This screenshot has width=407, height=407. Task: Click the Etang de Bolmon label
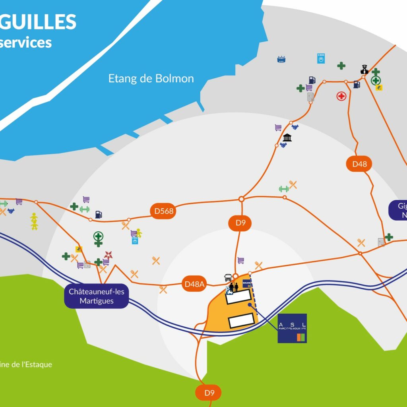(151, 78)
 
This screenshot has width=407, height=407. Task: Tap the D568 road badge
(164, 211)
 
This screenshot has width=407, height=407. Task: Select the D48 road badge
(359, 164)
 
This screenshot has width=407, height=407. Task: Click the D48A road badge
(194, 284)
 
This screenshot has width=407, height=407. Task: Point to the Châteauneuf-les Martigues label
(96, 297)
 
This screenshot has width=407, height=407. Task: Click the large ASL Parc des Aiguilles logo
(292, 328)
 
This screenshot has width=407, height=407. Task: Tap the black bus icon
(228, 277)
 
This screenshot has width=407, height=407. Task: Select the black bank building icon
(287, 138)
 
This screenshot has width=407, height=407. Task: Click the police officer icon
(364, 70)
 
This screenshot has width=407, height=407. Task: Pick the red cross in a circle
(341, 96)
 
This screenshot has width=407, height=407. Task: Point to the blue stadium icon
(282, 59)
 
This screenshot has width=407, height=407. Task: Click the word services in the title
(26, 42)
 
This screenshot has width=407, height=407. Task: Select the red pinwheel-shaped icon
(108, 255)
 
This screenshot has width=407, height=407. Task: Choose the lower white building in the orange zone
(241, 320)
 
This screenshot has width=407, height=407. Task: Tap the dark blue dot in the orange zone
(250, 305)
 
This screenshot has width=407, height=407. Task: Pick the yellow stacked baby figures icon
(34, 221)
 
